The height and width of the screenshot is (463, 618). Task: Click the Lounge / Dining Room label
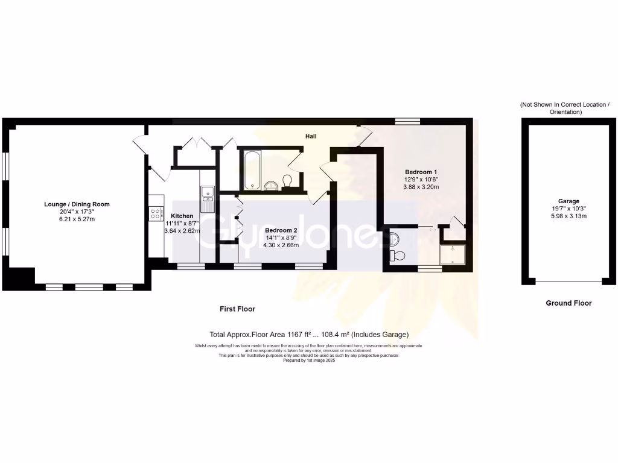pyautogui.click(x=77, y=204)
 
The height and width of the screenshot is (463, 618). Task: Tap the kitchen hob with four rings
pyautogui.click(x=154, y=213)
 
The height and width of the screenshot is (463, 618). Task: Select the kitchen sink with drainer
pyautogui.click(x=208, y=198)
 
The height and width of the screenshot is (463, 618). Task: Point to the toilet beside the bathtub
pyautogui.click(x=287, y=181)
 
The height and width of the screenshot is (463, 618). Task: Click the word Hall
pyautogui.click(x=311, y=137)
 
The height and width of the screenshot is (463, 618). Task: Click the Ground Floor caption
pyautogui.click(x=569, y=303)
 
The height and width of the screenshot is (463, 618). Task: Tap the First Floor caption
pyautogui.click(x=237, y=309)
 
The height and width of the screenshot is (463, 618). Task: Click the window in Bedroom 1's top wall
pyautogui.click(x=407, y=122)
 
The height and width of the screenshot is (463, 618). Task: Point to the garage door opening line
pyautogui.click(x=569, y=282)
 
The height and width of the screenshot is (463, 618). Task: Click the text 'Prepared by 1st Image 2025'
pyautogui.click(x=308, y=360)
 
